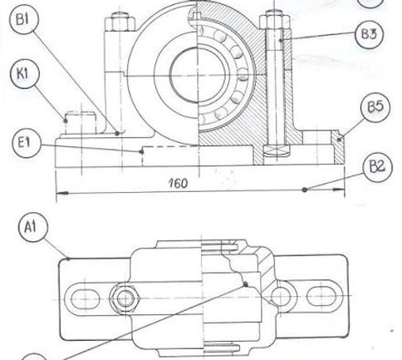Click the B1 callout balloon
(24, 19)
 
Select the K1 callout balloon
(24, 74)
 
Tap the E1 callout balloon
(27, 143)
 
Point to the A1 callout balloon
(32, 228)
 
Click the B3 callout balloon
(370, 34)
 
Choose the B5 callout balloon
(375, 107)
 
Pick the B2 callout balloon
(377, 167)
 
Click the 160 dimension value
(178, 183)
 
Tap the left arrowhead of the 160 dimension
(61, 193)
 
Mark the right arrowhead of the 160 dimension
(339, 190)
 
